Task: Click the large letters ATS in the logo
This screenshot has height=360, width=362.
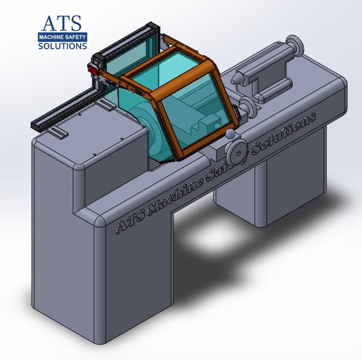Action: (62, 23)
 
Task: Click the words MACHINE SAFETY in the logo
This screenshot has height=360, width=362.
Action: (62, 37)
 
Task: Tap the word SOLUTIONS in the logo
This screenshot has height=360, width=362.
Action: (62, 46)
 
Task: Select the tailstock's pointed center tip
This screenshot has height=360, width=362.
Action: (236, 78)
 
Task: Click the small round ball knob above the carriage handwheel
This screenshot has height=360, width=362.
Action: (229, 135)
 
